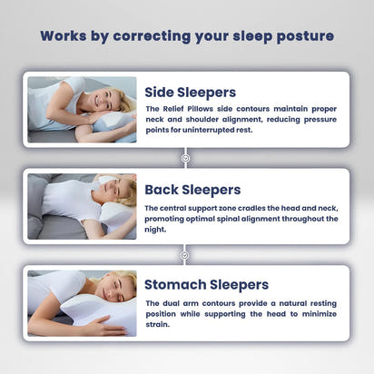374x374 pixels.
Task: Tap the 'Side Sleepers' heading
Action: (191, 92)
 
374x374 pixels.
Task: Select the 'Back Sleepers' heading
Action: (192, 189)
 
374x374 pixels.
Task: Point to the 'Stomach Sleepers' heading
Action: (207, 284)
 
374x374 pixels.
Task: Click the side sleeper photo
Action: (82, 109)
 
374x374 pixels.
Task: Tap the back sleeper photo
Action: (82, 206)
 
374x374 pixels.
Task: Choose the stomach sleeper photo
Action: (82, 302)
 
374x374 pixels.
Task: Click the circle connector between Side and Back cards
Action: (186, 157)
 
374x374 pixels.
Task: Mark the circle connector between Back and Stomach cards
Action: (186, 254)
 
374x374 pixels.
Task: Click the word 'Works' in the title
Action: (65, 36)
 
